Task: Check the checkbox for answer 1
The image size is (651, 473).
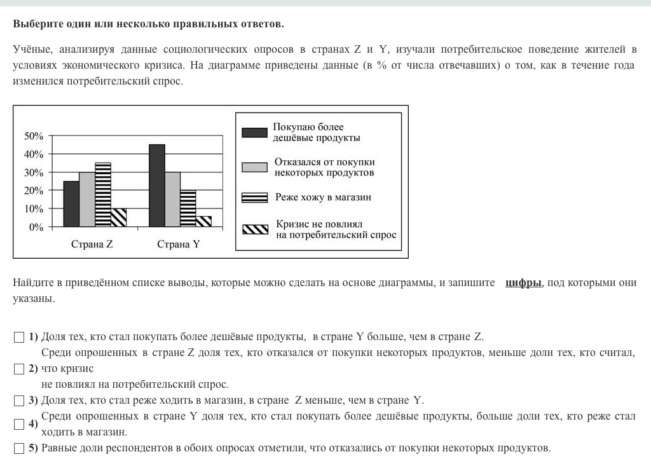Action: tap(18, 337)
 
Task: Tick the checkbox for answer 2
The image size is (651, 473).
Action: tap(18, 369)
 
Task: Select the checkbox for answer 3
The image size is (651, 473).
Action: tap(18, 401)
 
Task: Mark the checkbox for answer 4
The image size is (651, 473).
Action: tap(18, 423)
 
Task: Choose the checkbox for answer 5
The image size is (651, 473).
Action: tap(18, 448)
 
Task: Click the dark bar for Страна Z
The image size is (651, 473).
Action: tap(71, 203)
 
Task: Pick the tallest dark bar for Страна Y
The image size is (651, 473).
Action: tap(156, 186)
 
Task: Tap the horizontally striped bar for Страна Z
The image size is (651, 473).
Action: tap(103, 195)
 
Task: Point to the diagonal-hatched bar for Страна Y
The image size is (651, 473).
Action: tap(203, 221)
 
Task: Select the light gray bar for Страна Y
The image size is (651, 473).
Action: tap(172, 199)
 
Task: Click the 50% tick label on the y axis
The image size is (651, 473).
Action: tap(33, 136)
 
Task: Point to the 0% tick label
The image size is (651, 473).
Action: tap(36, 227)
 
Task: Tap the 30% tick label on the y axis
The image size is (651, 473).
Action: tap(33, 172)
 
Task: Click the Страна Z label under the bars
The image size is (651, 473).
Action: tap(92, 244)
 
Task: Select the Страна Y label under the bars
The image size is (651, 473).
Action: tap(178, 244)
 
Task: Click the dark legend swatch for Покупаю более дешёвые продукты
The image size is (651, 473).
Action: tap(254, 132)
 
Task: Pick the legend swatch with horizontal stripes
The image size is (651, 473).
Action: tap(254, 198)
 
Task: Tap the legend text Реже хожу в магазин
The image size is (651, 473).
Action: tap(323, 198)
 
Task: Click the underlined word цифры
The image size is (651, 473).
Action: tap(523, 283)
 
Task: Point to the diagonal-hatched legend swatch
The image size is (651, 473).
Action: tap(254, 230)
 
